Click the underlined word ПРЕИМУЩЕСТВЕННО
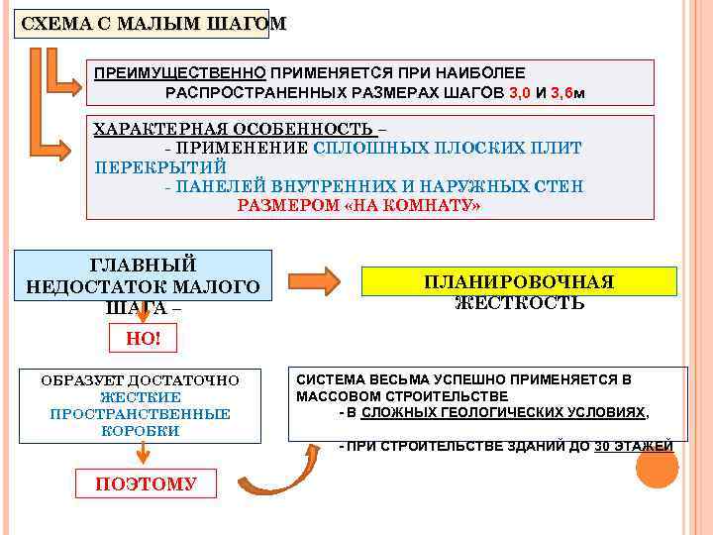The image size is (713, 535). coord(179,73)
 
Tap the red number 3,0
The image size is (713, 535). coord(520,92)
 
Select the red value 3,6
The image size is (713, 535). coord(562,92)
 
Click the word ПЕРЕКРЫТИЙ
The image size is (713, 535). coord(160,166)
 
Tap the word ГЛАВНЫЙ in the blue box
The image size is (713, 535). coord(144,265)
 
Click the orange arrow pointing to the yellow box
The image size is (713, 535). coord(320,278)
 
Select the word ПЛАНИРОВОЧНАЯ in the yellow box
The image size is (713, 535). coord(519,281)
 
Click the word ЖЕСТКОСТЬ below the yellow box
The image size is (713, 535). coord(519,303)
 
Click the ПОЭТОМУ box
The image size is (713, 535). coord(146,483)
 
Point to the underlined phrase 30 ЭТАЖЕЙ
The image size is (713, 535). coord(633,446)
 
